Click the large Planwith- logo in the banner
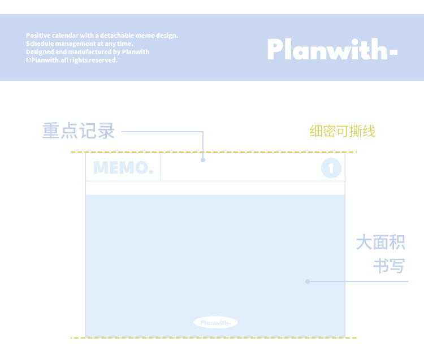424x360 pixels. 332,49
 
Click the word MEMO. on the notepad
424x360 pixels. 123,168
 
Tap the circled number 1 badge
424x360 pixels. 331,168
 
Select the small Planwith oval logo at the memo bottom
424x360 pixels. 215,323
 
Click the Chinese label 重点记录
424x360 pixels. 79,131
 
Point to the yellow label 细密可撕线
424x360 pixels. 342,132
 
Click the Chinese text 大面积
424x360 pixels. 380,243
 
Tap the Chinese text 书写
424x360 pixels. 389,266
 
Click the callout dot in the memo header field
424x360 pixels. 203,161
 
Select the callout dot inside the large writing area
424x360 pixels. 308,281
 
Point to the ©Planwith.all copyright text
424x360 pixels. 71,60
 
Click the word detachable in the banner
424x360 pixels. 117,36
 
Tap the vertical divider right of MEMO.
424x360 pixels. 161,168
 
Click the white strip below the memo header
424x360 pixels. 215,188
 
